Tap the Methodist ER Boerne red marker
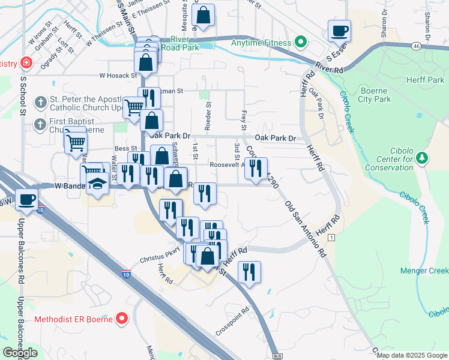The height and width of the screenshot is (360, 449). pyautogui.click(x=122, y=318)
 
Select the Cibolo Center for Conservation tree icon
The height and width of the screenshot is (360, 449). pyautogui.click(x=423, y=158)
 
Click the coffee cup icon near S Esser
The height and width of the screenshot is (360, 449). pyautogui.click(x=339, y=30)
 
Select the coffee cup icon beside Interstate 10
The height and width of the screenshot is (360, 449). pyautogui.click(x=26, y=199)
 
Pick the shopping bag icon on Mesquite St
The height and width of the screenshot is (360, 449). pyautogui.click(x=203, y=15)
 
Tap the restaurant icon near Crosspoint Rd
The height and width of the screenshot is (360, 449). pyautogui.click(x=249, y=271)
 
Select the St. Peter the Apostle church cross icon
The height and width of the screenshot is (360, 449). pyautogui.click(x=40, y=103)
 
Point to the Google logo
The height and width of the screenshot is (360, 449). pyautogui.click(x=20, y=353)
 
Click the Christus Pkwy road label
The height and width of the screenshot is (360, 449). pyautogui.click(x=160, y=256)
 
